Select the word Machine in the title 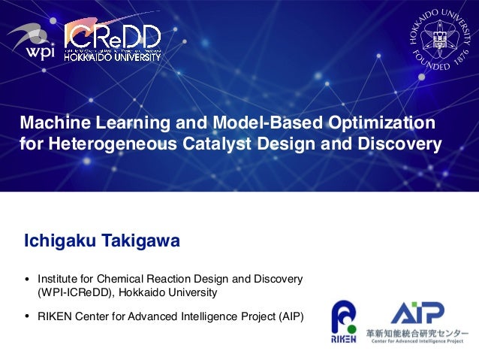[x=51, y=122]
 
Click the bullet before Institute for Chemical [x=29, y=280]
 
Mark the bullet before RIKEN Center [x=29, y=316]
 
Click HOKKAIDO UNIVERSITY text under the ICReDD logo [x=112, y=56]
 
